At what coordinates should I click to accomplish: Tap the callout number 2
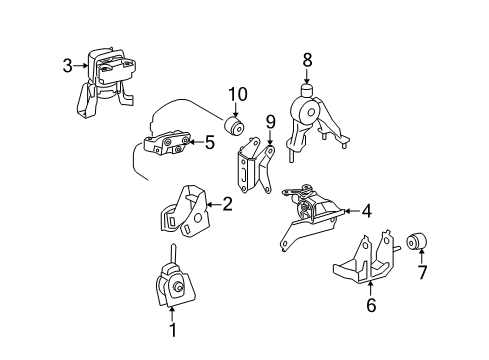(228, 204)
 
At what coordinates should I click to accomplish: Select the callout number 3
(67, 67)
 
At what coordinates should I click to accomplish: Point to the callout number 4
(366, 211)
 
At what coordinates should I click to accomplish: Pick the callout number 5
(209, 143)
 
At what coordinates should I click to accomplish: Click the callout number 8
(308, 60)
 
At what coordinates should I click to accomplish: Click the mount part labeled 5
(170, 146)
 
